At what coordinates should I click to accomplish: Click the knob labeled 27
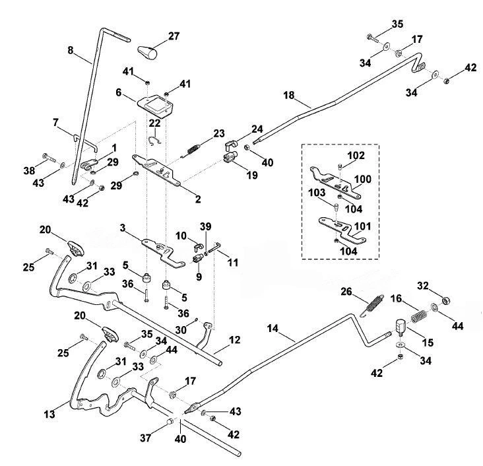[x=147, y=53]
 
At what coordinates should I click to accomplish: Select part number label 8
[x=71, y=50]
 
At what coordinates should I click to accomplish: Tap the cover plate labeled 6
[x=155, y=106]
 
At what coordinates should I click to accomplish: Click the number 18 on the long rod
[x=289, y=95]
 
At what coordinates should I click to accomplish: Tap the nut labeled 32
[x=446, y=300]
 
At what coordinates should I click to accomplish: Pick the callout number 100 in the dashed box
[x=362, y=179]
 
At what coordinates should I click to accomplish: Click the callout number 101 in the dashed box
[x=363, y=226]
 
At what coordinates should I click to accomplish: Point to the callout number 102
[x=356, y=155]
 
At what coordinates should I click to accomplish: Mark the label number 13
[x=49, y=415]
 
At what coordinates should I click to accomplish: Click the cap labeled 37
[x=170, y=421]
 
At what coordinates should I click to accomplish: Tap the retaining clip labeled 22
[x=154, y=141]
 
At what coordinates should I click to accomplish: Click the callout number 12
[x=234, y=340]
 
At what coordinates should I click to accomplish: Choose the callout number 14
[x=273, y=329]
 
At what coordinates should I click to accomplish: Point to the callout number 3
[x=123, y=228]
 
